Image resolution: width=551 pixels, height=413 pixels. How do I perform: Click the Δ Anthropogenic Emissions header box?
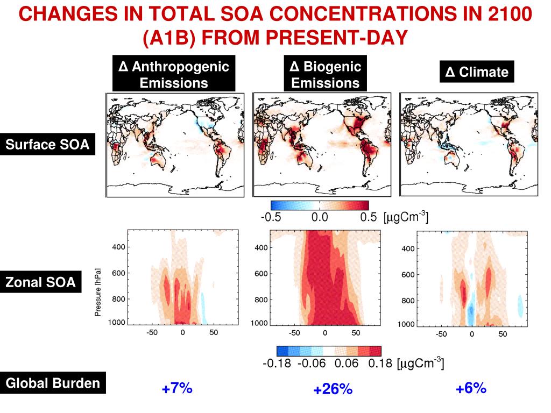(x=174, y=75)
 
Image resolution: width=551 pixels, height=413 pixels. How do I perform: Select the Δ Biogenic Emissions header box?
(x=325, y=75)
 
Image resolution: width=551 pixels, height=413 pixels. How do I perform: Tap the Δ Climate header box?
(x=477, y=72)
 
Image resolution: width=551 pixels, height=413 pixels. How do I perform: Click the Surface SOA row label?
(x=47, y=145)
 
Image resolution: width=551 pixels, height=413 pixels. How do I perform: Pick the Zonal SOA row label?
(x=41, y=282)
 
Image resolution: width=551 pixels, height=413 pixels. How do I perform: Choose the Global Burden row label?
(x=53, y=383)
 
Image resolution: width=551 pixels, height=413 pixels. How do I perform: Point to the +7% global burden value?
(x=176, y=388)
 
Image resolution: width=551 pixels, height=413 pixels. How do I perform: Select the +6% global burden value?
(x=471, y=388)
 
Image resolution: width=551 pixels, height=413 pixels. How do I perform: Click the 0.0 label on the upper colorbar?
(x=320, y=218)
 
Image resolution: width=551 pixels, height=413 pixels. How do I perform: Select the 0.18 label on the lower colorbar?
(x=380, y=364)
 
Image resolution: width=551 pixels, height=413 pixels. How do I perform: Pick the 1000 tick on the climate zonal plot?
(x=406, y=325)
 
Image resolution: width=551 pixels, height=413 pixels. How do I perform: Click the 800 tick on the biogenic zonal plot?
(x=261, y=299)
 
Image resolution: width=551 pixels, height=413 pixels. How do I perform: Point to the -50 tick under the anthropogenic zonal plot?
(x=152, y=333)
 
